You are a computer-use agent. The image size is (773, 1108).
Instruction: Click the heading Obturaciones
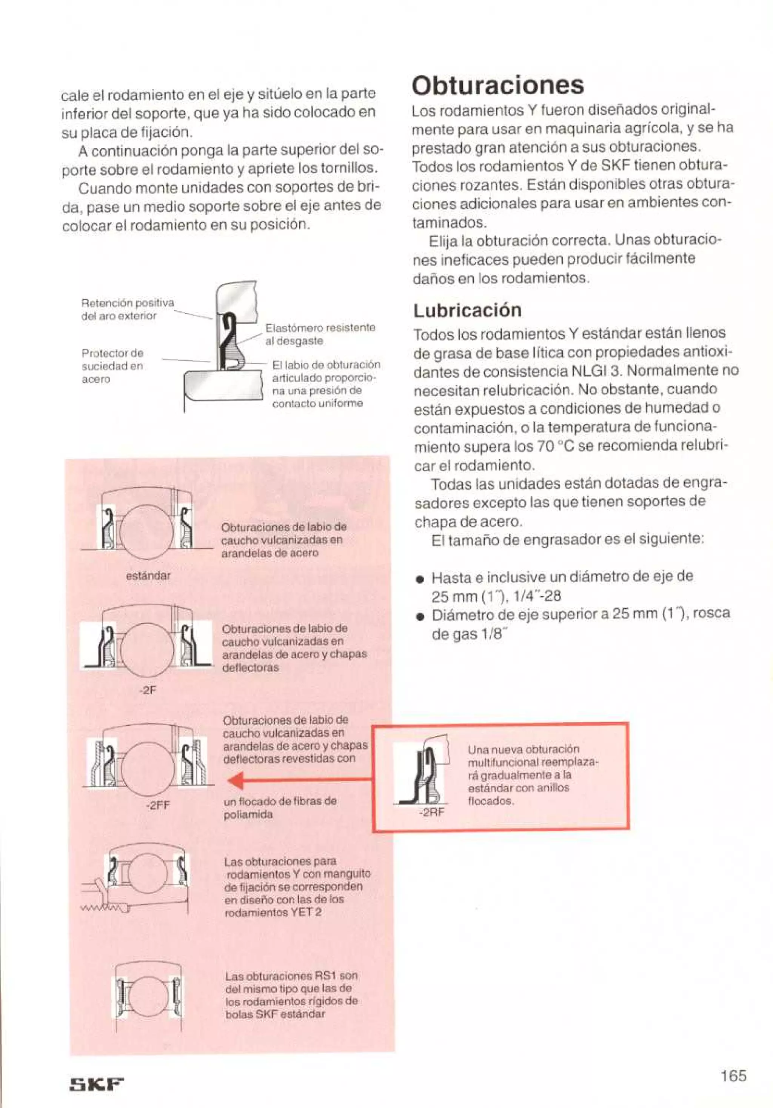tap(497, 85)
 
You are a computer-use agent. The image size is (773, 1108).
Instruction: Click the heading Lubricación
tap(467, 310)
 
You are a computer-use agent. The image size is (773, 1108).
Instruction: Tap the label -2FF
tap(157, 805)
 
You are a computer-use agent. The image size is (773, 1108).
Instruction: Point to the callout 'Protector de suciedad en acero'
tap(112, 366)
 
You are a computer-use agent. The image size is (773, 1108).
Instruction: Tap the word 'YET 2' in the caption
tap(305, 913)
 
